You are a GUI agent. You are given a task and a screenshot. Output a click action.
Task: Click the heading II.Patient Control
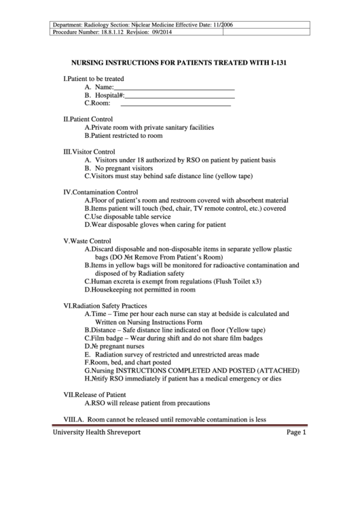coord(88,119)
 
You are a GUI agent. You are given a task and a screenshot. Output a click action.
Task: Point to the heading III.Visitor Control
coord(89,152)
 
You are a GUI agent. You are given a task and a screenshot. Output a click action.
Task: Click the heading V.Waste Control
coord(87,241)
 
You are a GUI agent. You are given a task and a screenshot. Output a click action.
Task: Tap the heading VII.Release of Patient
coord(94,395)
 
